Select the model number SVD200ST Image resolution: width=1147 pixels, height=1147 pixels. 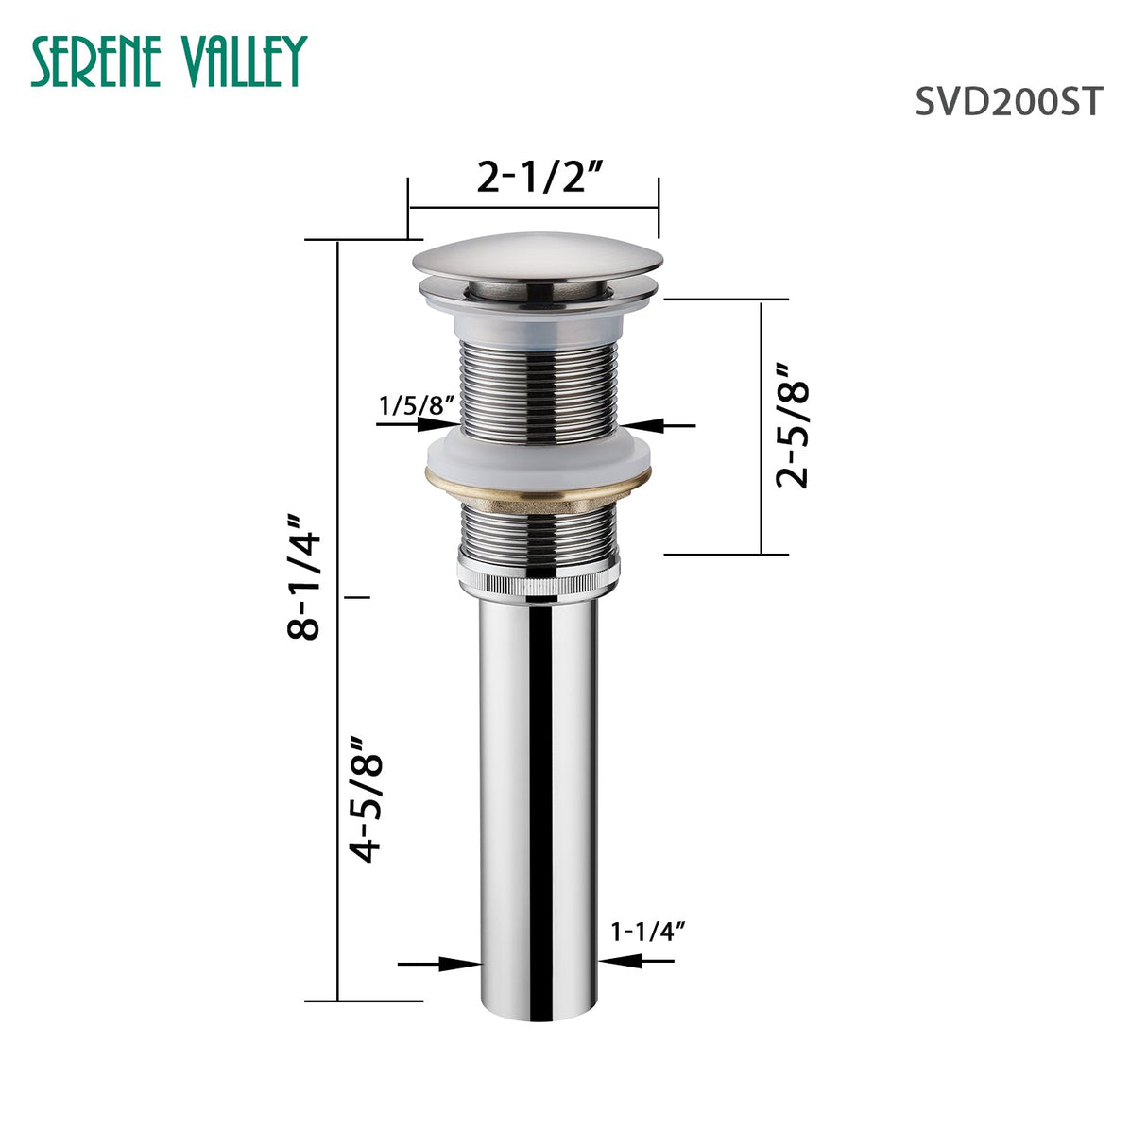pyautogui.click(x=1007, y=101)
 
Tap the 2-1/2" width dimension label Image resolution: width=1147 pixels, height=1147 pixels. pyautogui.click(x=539, y=177)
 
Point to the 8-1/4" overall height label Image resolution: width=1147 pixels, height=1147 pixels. pyautogui.click(x=306, y=577)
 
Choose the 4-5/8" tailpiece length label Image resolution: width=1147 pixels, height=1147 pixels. pyautogui.click(x=367, y=798)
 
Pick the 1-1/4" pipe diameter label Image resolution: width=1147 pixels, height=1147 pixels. pyautogui.click(x=647, y=932)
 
